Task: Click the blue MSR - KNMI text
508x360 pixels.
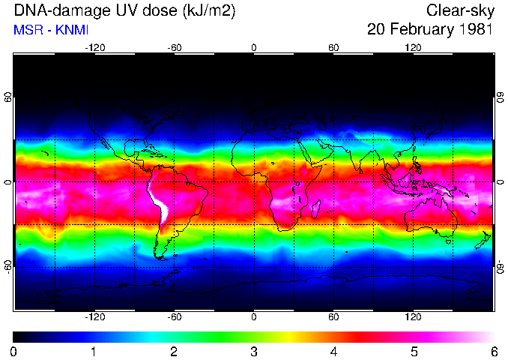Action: click(x=51, y=31)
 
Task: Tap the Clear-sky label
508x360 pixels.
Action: click(x=459, y=11)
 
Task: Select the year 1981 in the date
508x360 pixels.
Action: click(x=476, y=31)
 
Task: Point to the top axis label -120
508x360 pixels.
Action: click(x=94, y=47)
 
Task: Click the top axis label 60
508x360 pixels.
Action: click(x=333, y=47)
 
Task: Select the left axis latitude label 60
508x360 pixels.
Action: click(x=8, y=97)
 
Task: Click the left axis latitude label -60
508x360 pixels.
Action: click(x=8, y=267)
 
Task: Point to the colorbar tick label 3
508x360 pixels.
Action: click(x=254, y=351)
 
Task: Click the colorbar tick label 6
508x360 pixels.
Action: click(x=493, y=351)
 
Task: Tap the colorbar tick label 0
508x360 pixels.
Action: click(x=14, y=351)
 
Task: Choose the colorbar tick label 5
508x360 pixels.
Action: click(x=414, y=351)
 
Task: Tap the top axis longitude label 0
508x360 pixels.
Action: click(x=254, y=47)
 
